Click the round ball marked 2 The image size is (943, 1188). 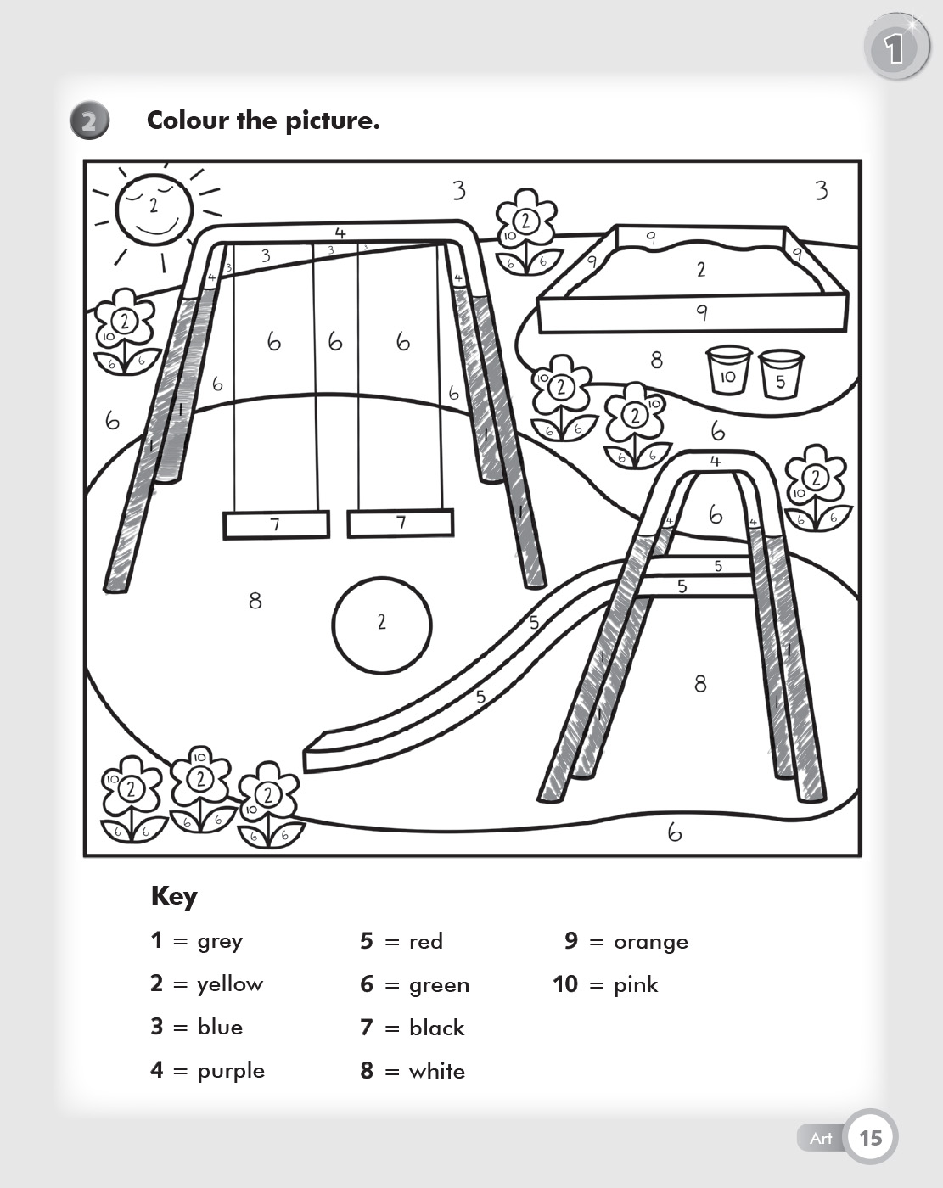[382, 625]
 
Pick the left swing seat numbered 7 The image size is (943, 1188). [276, 524]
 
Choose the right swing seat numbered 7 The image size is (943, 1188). [401, 523]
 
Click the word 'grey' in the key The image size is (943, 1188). [220, 941]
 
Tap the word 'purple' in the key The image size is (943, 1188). [231, 1071]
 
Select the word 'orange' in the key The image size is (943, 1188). [650, 942]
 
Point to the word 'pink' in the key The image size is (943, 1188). [635, 984]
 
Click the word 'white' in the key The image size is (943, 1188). [436, 1071]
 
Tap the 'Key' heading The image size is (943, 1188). [174, 896]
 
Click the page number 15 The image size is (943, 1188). [871, 1137]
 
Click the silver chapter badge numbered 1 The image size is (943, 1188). [895, 49]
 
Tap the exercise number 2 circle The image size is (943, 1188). [89, 120]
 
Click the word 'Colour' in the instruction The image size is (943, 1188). [188, 120]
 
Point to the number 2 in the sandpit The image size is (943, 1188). [701, 270]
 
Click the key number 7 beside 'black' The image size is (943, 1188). [367, 1028]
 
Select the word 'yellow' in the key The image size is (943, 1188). [230, 984]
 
